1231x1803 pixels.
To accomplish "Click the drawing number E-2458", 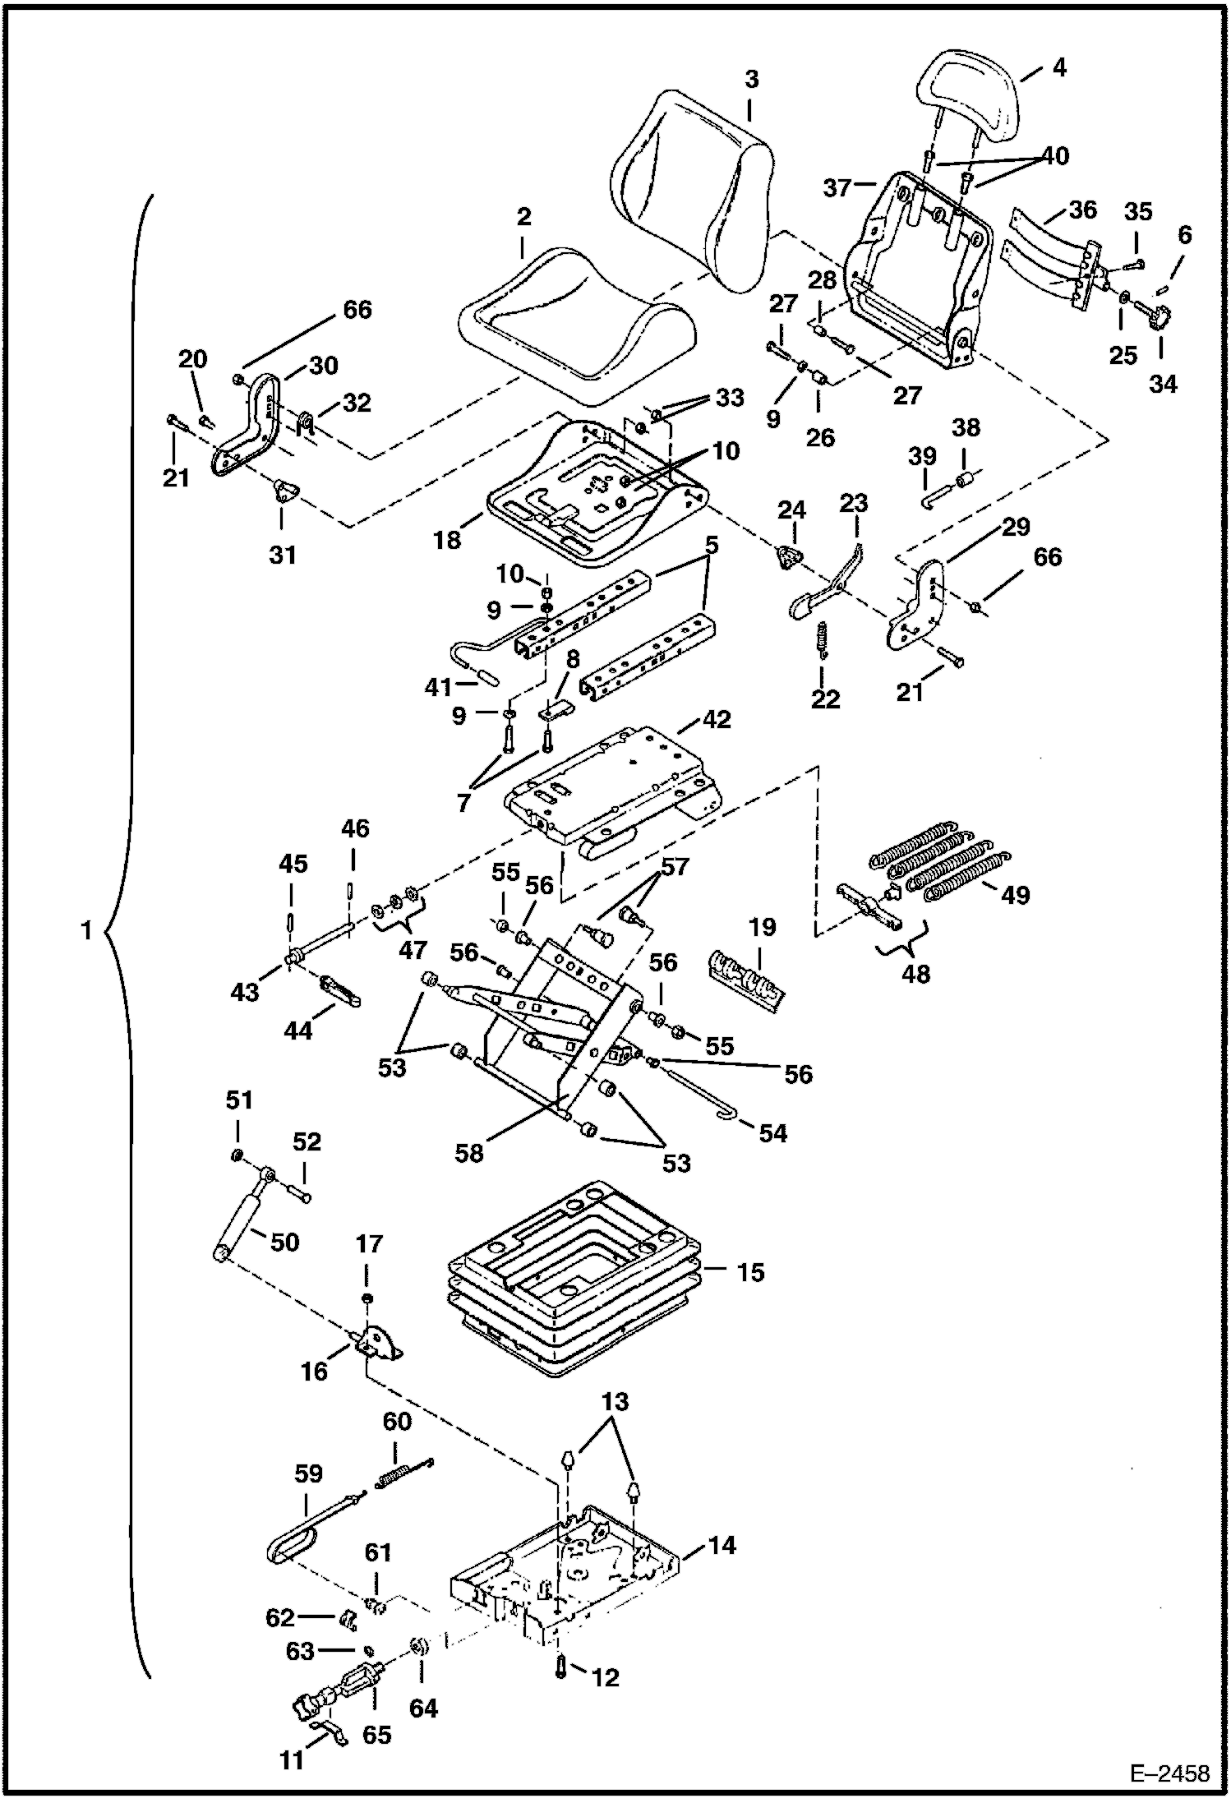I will tap(1169, 1773).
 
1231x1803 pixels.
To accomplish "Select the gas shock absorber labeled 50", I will tap(239, 1224).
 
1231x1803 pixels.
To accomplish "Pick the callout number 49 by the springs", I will tap(1015, 894).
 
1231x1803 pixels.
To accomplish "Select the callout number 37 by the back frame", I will tap(837, 188).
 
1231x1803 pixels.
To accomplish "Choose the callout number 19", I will tap(763, 927).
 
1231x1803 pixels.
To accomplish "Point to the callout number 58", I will tap(469, 1153).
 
